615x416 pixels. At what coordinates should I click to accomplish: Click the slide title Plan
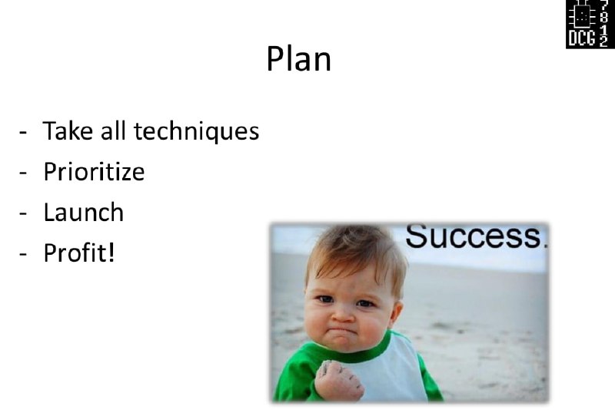click(x=299, y=59)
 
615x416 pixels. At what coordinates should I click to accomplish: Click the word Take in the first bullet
click(x=68, y=130)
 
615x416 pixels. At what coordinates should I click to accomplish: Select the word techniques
click(x=197, y=131)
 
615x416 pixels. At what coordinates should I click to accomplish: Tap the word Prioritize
click(x=94, y=172)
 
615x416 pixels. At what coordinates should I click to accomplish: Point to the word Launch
click(x=84, y=212)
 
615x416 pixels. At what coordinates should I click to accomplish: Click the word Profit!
click(x=79, y=253)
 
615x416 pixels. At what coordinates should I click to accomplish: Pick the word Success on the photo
click(x=473, y=236)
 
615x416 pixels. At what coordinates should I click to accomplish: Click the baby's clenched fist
click(x=338, y=381)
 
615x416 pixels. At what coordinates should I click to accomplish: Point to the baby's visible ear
click(x=397, y=312)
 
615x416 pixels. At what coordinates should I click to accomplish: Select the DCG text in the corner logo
click(x=582, y=38)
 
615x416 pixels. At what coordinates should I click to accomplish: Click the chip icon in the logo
click(x=582, y=15)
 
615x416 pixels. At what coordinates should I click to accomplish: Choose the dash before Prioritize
click(x=23, y=173)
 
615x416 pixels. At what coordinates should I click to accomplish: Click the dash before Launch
click(x=23, y=213)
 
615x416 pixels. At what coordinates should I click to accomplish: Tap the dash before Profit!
click(x=23, y=254)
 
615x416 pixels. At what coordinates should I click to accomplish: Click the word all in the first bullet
click(x=113, y=130)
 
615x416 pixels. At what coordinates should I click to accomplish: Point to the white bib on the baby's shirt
click(x=392, y=370)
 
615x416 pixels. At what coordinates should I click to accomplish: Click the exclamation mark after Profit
click(x=111, y=253)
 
